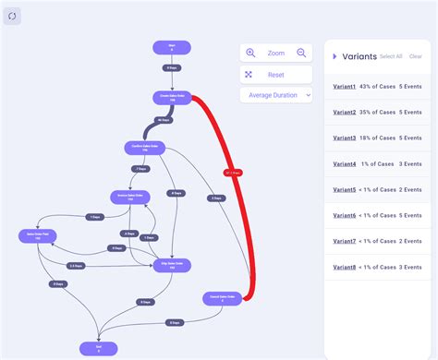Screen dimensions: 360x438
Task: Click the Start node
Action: pos(172,47)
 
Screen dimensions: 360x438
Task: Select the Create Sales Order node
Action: pos(172,97)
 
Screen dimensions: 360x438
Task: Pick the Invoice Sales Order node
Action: pos(130,197)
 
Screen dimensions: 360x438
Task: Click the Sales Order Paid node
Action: pos(37,237)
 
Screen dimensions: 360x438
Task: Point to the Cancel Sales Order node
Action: pos(222,298)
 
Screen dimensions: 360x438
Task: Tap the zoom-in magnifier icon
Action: pos(250,54)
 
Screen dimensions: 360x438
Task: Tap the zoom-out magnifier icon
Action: pos(301,54)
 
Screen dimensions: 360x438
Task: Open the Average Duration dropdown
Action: pos(275,95)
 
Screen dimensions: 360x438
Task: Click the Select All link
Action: pos(391,56)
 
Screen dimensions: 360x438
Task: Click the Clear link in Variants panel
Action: pos(416,56)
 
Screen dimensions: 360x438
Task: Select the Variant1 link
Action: pos(345,86)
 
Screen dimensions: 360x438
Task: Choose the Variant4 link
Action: pos(345,163)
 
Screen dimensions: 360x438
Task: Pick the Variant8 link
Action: pos(345,267)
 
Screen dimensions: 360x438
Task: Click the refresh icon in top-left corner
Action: pos(12,16)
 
